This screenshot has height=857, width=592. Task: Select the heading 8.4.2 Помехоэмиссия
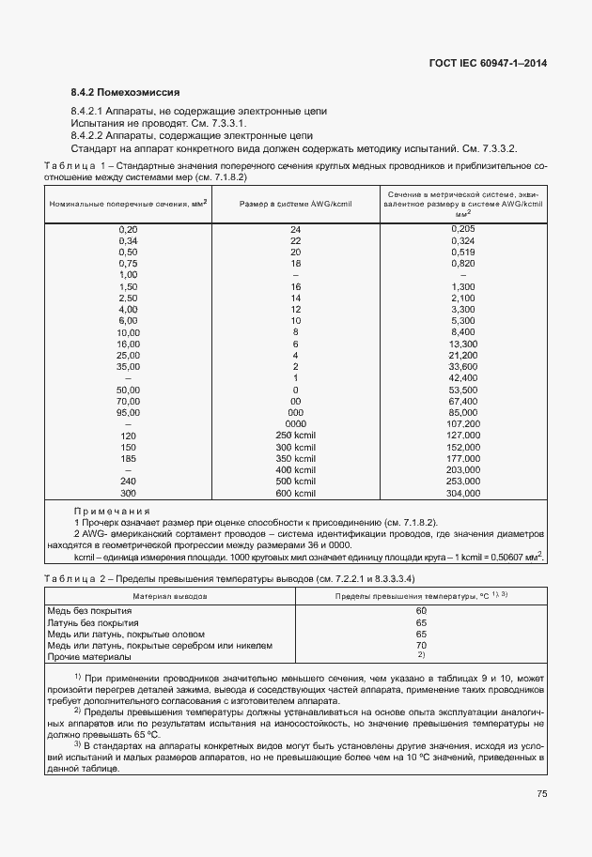pyautogui.click(x=125, y=92)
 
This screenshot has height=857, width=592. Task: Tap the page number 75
pyautogui.click(x=542, y=793)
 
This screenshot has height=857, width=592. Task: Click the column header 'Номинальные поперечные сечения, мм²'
pyautogui.click(x=128, y=203)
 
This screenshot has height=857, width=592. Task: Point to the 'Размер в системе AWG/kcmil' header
pyautogui.click(x=295, y=203)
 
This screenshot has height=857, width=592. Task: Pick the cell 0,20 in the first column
pyautogui.click(x=128, y=229)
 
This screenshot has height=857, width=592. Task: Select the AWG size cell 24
pyautogui.click(x=295, y=229)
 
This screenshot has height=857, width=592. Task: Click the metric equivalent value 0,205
pyautogui.click(x=463, y=229)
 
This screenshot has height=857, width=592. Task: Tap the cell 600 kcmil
pyautogui.click(x=295, y=493)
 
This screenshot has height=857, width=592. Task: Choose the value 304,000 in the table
pyautogui.click(x=463, y=493)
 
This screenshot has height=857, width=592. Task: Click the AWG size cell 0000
pyautogui.click(x=295, y=423)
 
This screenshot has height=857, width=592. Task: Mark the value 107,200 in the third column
pyautogui.click(x=463, y=423)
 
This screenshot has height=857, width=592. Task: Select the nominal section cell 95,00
pyautogui.click(x=128, y=411)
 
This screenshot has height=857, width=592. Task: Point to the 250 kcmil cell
pyautogui.click(x=295, y=436)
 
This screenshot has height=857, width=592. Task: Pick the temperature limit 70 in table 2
pyautogui.click(x=421, y=645)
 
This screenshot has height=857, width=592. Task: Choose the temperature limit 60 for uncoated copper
pyautogui.click(x=421, y=611)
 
